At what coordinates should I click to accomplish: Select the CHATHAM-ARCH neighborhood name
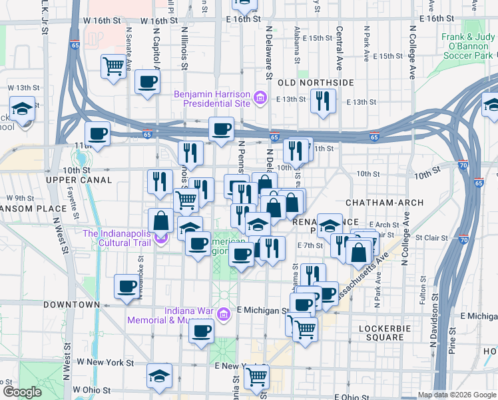tap(374, 201)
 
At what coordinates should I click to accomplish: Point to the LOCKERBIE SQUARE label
tap(381, 333)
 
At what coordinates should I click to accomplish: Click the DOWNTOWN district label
tap(71, 304)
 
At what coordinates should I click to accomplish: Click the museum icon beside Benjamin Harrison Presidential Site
tap(260, 100)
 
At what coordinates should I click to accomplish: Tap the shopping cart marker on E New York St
tap(256, 376)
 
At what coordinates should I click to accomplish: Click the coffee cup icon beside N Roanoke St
tap(126, 287)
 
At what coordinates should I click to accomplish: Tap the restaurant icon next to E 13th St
tap(323, 101)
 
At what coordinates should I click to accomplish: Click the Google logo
tap(22, 392)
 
